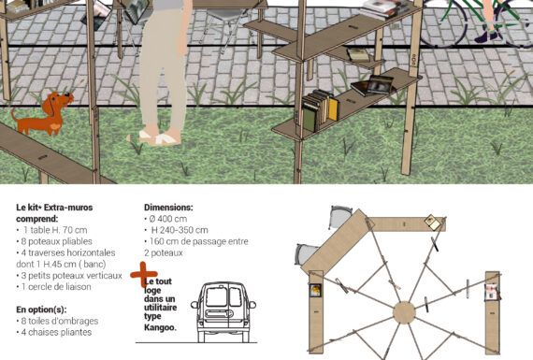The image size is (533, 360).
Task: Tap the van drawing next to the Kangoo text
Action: (x=223, y=312)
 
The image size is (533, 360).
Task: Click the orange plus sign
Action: (x=143, y=274)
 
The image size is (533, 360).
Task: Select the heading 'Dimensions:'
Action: (x=168, y=207)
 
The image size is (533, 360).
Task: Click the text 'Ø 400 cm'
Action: (x=168, y=219)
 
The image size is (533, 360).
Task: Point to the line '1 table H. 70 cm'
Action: (x=53, y=230)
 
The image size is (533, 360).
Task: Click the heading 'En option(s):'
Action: (x=41, y=310)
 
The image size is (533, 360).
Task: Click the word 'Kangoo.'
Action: (x=160, y=327)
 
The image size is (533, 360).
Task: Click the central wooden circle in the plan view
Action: (x=404, y=312)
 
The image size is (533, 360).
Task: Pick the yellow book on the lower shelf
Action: (x=333, y=108)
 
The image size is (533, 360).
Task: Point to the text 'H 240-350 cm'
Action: (x=179, y=230)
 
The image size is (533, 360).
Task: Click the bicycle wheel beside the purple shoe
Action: (x=441, y=23)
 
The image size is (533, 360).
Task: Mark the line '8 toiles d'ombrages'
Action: (x=57, y=321)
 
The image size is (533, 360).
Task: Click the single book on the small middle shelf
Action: (x=358, y=55)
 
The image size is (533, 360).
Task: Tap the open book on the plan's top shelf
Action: (x=433, y=222)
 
